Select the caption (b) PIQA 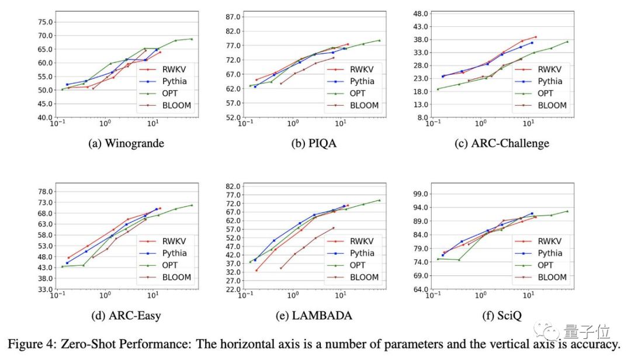click(314, 143)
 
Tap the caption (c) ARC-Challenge click(501, 143)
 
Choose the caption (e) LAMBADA click(314, 316)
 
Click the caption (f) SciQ click(501, 316)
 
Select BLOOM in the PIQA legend click(364, 106)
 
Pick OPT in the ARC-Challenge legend click(545, 94)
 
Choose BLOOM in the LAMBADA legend click(364, 278)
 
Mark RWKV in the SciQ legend click(549, 241)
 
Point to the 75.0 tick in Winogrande click(45, 22)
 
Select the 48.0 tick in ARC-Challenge click(421, 13)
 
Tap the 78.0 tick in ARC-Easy click(45, 192)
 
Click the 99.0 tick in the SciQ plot click(421, 194)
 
